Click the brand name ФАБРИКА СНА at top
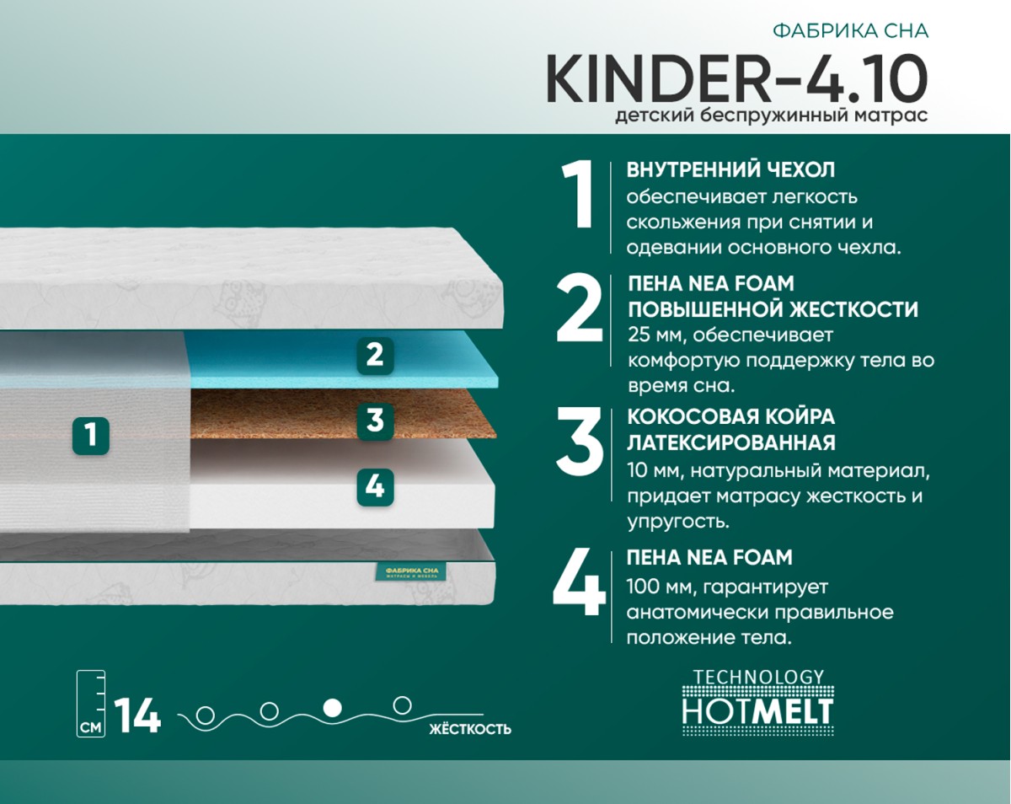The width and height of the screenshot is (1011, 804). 851,31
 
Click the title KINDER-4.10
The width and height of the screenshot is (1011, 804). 736,78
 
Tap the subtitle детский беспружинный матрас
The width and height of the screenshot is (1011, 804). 772,115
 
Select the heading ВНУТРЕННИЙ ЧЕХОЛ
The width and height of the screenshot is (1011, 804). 730,170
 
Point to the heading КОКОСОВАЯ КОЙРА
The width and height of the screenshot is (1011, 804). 731,416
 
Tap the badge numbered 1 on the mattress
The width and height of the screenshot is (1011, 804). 91,435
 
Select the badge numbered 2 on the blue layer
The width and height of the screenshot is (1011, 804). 375,356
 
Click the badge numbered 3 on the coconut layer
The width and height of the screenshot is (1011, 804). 375,421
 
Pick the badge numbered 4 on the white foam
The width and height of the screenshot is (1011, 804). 375,487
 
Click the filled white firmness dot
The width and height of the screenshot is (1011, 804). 333,707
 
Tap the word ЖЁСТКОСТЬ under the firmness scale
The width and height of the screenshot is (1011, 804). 470,729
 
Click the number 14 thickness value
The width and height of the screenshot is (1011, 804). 137,715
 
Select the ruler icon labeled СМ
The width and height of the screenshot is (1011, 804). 91,704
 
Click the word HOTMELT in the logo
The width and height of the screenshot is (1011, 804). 757,711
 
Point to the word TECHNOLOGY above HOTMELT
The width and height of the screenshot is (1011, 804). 758,677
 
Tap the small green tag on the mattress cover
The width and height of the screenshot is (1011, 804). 411,572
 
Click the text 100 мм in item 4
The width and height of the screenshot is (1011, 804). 655,587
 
